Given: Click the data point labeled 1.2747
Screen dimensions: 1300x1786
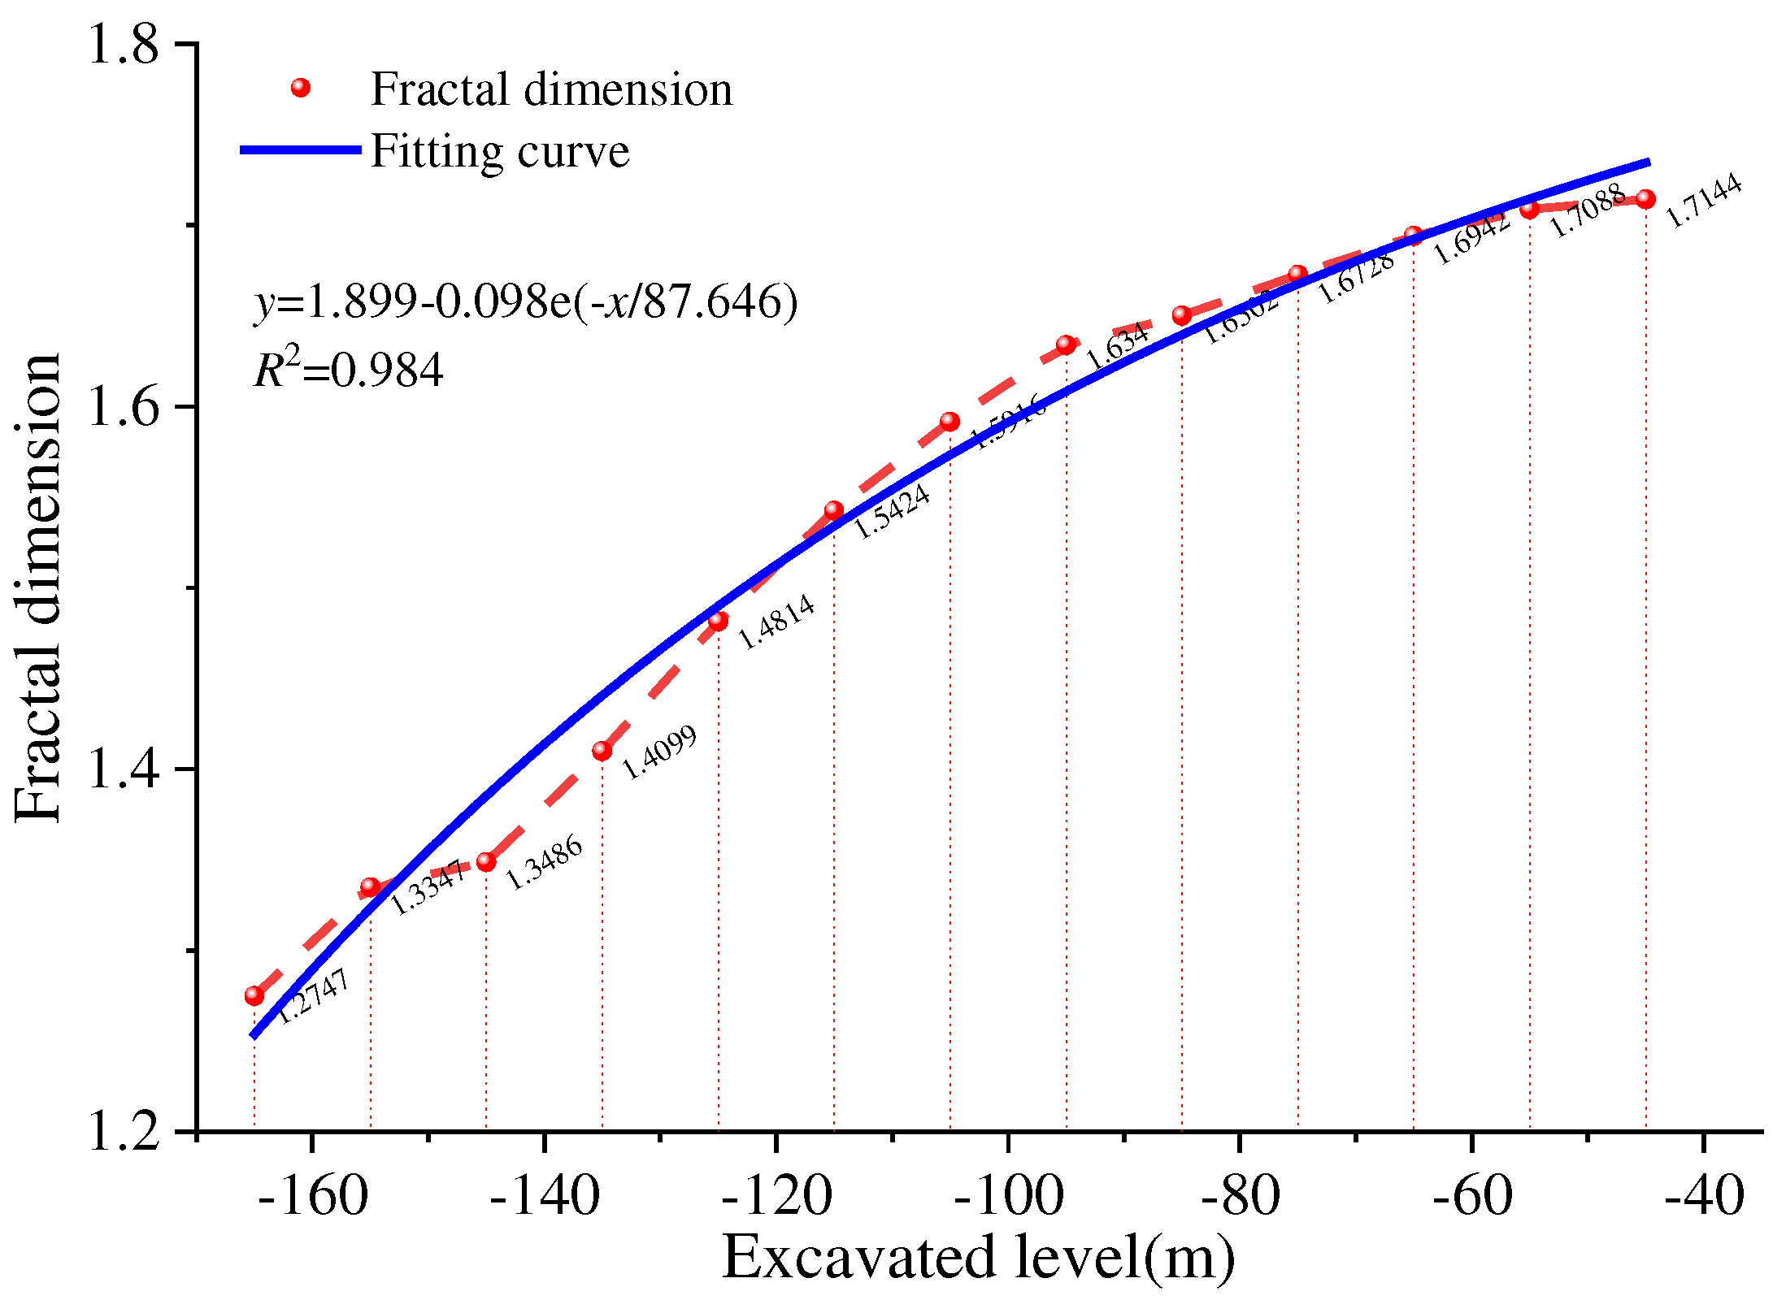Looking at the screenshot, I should click(254, 995).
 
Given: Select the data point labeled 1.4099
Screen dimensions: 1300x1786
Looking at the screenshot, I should click(602, 751).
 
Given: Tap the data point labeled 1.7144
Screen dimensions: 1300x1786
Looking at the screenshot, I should click(1646, 199).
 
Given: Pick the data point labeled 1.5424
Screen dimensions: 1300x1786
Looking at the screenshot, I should click(834, 510).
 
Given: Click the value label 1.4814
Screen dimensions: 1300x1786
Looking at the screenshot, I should click(776, 622).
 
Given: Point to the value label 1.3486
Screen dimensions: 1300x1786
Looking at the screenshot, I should click(545, 862).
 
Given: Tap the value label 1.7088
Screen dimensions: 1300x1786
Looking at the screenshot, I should click(1588, 211).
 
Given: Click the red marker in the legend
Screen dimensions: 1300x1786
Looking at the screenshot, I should click(301, 88).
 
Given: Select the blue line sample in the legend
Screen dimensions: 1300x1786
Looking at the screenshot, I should click(301, 149).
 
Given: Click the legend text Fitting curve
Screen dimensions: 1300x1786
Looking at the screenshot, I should click(500, 151).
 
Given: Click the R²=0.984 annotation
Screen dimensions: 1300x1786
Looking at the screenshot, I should click(350, 369).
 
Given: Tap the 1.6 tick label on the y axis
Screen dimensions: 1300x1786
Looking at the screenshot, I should click(124, 406).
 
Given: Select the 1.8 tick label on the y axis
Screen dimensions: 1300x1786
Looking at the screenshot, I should click(124, 44).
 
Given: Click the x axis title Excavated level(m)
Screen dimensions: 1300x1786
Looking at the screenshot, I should click(978, 1258).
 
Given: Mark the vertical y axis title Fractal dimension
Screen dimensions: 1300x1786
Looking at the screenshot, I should click(38, 587).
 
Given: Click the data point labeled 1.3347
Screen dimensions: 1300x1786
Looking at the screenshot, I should click(371, 886).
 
